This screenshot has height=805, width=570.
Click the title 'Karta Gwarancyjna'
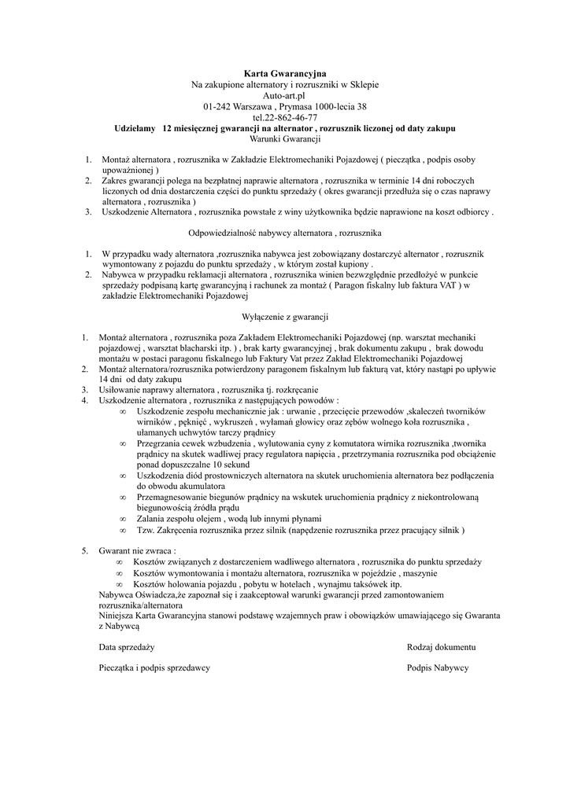(284, 73)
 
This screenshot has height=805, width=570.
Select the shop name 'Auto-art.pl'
(284, 95)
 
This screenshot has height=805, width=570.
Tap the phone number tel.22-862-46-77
(284, 117)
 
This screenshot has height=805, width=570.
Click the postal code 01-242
(217, 106)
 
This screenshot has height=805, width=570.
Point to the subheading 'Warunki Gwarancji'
(284, 138)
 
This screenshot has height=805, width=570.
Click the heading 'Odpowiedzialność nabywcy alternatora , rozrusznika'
(284, 233)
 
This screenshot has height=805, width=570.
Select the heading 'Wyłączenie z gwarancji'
(284, 317)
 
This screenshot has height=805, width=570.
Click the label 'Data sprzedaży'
(126, 646)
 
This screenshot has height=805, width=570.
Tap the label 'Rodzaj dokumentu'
(441, 646)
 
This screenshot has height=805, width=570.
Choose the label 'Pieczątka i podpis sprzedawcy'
(154, 667)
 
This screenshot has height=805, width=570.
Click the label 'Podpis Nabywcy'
(438, 667)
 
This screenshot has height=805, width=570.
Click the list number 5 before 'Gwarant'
(85, 550)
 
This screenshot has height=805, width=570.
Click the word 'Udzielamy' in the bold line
(135, 127)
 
